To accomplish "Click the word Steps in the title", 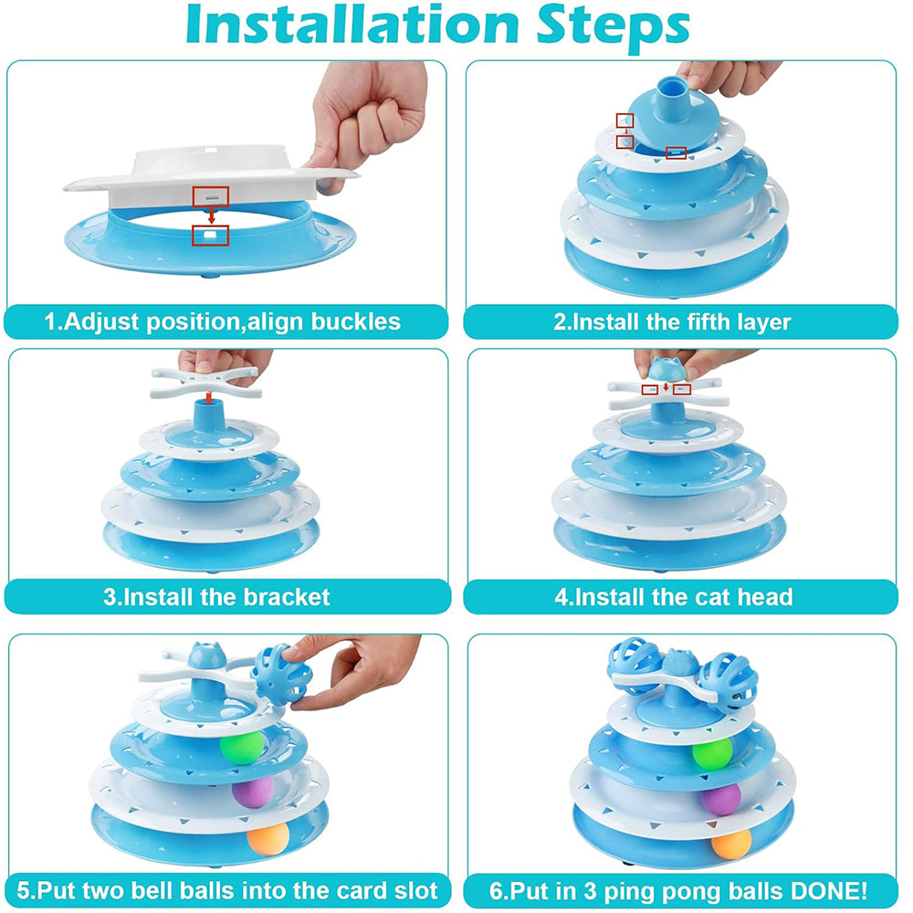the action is (x=613, y=27).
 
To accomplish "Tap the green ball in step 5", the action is (x=242, y=747).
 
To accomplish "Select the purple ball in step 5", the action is (x=253, y=792).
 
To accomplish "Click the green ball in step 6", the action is (x=712, y=753).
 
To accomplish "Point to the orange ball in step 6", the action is (x=731, y=844).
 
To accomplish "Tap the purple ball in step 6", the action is (x=720, y=799).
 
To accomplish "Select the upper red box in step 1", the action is (x=211, y=197).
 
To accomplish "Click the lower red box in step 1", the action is (x=211, y=236).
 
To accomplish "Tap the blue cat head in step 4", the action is (x=666, y=369).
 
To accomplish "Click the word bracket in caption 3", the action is (x=286, y=597).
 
